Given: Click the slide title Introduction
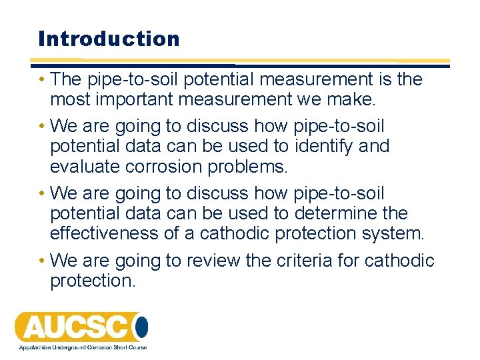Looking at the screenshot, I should [x=109, y=39].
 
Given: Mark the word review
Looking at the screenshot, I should [x=212, y=261].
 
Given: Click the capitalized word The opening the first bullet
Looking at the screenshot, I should [x=65, y=80].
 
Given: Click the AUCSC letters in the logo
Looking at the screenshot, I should [x=73, y=327].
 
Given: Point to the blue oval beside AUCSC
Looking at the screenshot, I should [x=141, y=327].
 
